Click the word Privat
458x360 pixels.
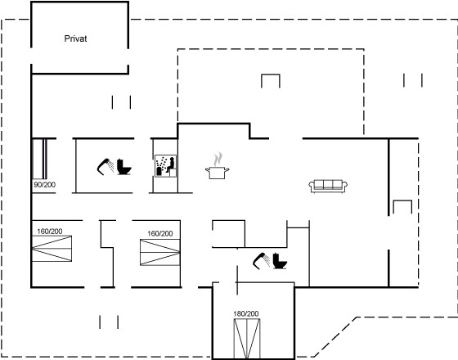coord(75,38)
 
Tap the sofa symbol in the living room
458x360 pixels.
coord(328,187)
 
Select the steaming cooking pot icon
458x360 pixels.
coord(217,165)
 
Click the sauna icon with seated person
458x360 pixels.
coord(165,165)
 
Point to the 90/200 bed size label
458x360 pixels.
coord(45,185)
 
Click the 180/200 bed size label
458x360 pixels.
coord(246,314)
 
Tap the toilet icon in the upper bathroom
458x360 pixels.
coord(123,167)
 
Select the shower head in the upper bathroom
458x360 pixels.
coord(106,167)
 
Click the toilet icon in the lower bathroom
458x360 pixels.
coord(280,261)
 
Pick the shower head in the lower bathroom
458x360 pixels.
coord(261,261)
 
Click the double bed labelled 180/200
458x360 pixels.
coord(247,339)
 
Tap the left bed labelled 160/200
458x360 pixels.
coord(52,249)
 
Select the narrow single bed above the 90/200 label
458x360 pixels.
coord(39,159)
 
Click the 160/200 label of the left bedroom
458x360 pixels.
coord(50,232)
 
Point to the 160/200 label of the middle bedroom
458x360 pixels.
coord(160,233)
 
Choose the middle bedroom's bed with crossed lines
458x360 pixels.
coord(160,253)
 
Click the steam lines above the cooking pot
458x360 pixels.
coord(218,159)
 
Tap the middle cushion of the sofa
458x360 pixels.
coord(328,184)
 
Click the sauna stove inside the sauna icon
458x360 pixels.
coord(159,171)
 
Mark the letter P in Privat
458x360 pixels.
coord(66,38)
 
